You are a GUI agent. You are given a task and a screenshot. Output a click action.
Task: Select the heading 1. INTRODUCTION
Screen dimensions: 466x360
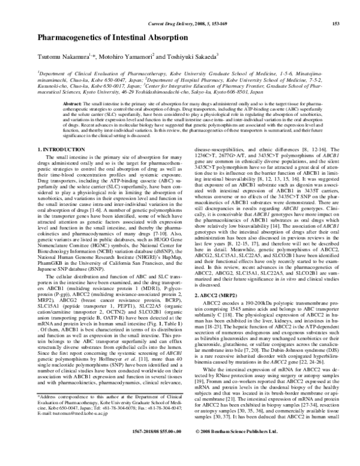pos(61,148)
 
